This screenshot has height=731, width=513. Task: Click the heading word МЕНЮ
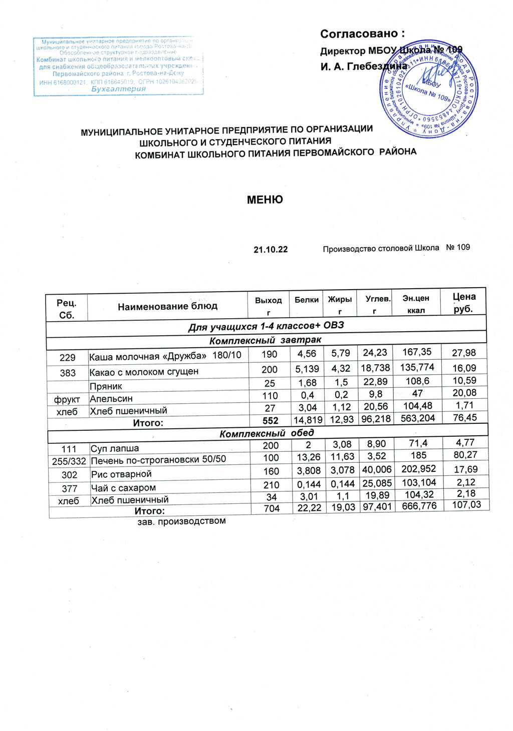(265, 200)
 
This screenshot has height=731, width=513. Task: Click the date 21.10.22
(271, 249)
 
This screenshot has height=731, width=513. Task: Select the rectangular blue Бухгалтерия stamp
(118, 67)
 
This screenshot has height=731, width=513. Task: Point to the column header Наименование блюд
(167, 306)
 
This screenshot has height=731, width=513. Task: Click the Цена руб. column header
(463, 302)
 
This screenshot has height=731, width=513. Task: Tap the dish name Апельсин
(111, 399)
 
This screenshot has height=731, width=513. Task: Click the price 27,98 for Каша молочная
(463, 353)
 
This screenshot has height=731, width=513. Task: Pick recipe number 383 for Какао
(68, 373)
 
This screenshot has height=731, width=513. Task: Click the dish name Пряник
(106, 386)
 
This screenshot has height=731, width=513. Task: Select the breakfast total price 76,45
(464, 417)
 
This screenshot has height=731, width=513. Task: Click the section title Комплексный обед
(267, 433)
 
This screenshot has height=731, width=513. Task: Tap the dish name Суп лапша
(115, 448)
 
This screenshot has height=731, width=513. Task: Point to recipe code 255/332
(69, 460)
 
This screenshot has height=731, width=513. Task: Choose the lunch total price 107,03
(466, 505)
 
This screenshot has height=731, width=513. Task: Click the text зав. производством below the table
(181, 521)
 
